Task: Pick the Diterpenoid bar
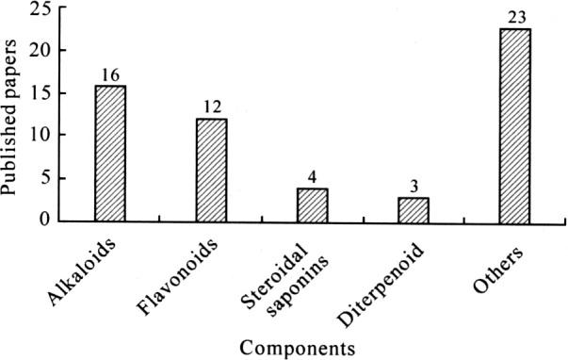click(414, 209)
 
